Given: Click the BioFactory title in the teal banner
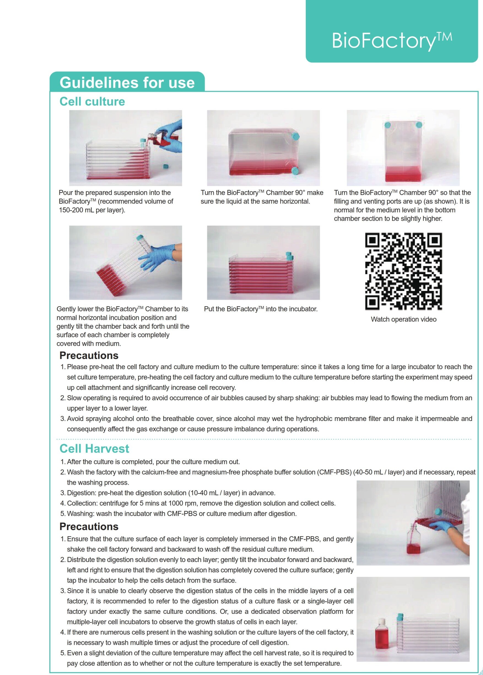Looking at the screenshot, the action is click(392, 40).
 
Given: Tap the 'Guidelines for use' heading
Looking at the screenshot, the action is click(127, 83).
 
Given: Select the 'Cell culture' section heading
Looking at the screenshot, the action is click(92, 101).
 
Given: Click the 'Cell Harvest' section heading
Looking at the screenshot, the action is click(94, 448).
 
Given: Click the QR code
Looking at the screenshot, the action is click(403, 271).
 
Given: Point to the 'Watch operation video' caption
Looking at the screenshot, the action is click(403, 320).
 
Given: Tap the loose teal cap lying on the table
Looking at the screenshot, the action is click(165, 166).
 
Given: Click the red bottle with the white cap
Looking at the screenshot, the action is click(382, 634).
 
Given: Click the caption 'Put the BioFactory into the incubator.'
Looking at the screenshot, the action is click(261, 309).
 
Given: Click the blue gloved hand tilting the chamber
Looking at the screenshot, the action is click(158, 256).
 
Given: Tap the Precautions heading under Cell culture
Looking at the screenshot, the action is click(89, 355).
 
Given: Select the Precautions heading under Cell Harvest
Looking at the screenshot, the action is click(89, 526).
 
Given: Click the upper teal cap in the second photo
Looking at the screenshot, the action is click(295, 136).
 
